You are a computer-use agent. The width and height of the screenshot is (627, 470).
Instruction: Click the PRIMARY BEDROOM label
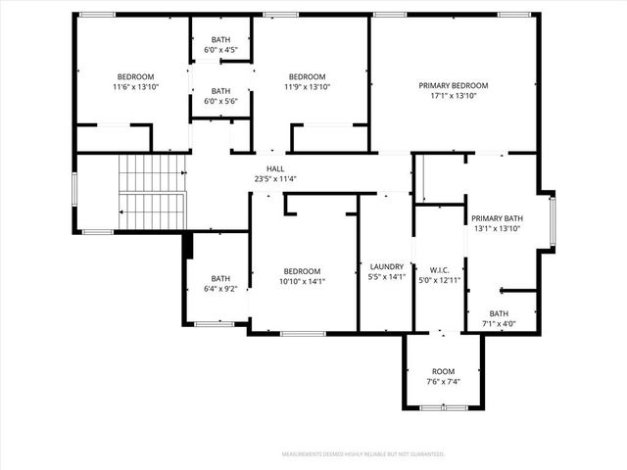point(453,86)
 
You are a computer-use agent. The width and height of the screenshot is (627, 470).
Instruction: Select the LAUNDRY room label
point(388,266)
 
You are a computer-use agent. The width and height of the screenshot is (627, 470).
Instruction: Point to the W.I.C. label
point(439,270)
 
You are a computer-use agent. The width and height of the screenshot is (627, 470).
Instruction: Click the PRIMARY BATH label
point(497,218)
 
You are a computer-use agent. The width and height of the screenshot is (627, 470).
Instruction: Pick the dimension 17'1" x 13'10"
point(453,97)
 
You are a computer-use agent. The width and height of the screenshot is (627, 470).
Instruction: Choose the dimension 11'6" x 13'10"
point(136,87)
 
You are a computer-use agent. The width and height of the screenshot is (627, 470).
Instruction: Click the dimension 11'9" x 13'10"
point(307,87)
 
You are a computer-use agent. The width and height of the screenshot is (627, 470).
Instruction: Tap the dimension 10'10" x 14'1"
point(303,282)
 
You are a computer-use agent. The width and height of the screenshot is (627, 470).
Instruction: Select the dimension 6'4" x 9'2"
point(220,289)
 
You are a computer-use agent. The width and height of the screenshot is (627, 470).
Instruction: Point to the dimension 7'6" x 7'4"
point(444,382)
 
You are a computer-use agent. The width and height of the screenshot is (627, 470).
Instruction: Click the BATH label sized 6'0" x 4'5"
point(220,39)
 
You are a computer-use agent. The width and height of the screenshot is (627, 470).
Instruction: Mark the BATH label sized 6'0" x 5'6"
point(220,91)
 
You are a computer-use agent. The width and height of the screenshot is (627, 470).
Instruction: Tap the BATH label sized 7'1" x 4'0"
point(499,313)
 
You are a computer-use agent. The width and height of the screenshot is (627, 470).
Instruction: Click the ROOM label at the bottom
point(444,371)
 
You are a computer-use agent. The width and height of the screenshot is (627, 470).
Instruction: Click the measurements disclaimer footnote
point(363,454)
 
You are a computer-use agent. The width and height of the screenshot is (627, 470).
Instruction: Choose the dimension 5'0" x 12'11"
point(439,281)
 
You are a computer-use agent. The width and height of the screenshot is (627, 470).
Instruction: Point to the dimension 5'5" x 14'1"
point(388,277)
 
